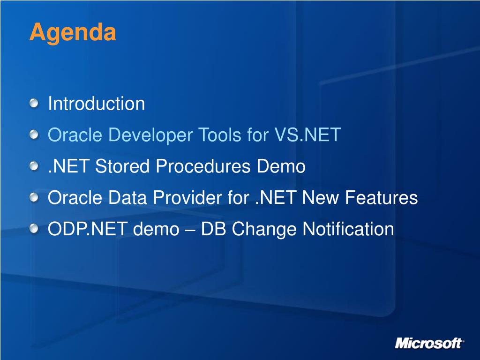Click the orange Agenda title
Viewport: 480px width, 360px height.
point(73,32)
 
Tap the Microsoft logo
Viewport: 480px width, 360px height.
point(429,343)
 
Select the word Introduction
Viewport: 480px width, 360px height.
point(97,103)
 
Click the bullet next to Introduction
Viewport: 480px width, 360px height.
point(34,103)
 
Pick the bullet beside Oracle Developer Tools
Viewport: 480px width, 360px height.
point(34,135)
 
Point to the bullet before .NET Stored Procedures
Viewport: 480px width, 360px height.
point(34,166)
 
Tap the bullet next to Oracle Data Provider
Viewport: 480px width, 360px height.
point(34,197)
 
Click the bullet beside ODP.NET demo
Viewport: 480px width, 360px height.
point(34,229)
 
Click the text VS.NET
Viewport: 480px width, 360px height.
point(307,135)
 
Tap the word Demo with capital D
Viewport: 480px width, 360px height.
point(281,166)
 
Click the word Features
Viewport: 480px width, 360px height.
point(381,197)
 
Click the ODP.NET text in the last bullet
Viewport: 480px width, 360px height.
point(88,229)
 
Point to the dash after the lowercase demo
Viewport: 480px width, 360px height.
point(190,230)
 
